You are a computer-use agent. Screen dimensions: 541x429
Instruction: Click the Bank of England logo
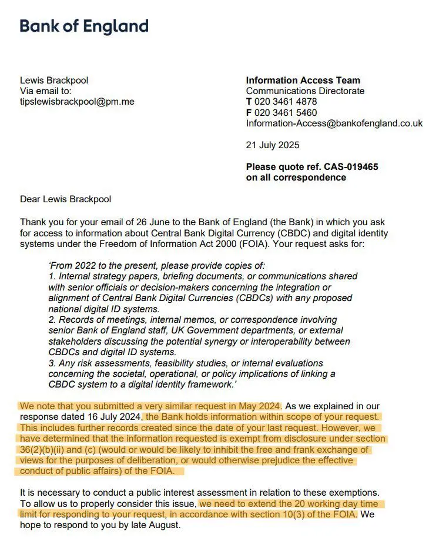point(84,26)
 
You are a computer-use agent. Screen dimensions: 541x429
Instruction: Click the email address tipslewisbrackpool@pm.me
point(77,102)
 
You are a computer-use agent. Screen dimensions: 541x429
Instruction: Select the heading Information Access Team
point(303,81)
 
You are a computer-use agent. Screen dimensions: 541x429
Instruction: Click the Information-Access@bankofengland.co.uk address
point(334,123)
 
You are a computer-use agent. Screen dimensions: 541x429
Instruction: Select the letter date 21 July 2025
point(273,145)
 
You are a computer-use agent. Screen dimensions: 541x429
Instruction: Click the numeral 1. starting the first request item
point(52,277)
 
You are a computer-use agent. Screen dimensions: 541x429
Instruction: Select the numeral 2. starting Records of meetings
point(52,320)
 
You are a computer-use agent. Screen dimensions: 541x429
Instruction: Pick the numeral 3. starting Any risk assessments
point(52,363)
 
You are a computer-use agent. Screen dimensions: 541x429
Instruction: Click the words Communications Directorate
point(305,91)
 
